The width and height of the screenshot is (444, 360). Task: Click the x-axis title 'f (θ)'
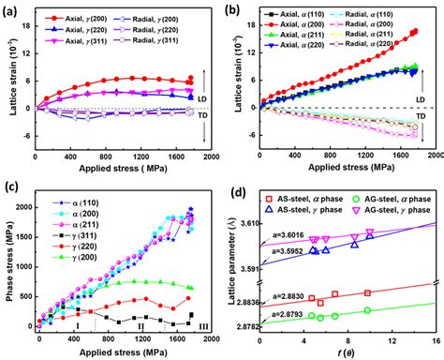[x=349, y=353]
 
